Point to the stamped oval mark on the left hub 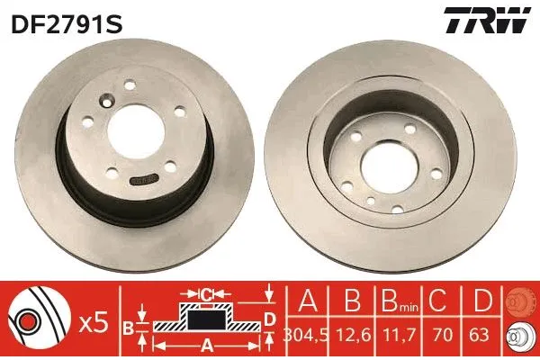pyautogui.click(x=142, y=180)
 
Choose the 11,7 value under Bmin pyautogui.click(x=396, y=335)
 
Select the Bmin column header pyautogui.click(x=397, y=301)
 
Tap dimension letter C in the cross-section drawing pyautogui.click(x=205, y=294)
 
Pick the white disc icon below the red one pyautogui.click(x=519, y=334)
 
